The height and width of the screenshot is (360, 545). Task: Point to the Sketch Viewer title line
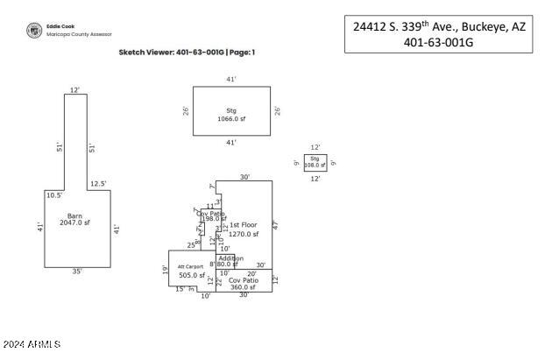[187, 53]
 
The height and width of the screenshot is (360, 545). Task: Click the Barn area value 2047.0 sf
[74, 223]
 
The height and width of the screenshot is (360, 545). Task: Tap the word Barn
[74, 215]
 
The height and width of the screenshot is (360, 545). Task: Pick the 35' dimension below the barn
[77, 272]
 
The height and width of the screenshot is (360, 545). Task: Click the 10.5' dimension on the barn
[53, 195]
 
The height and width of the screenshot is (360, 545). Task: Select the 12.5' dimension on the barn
[98, 184]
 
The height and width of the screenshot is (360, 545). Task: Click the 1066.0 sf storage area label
[231, 118]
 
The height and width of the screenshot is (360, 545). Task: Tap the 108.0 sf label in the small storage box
[315, 165]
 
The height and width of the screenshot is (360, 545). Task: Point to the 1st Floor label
[244, 225]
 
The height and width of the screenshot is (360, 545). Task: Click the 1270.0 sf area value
[244, 234]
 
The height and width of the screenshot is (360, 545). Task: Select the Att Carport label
[190, 266]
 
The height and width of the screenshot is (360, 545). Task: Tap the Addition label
[230, 258]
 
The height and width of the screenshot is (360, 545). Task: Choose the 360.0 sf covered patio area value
[243, 287]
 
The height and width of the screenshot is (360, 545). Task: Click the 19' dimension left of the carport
[164, 270]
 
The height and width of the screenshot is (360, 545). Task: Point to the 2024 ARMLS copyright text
[32, 346]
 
